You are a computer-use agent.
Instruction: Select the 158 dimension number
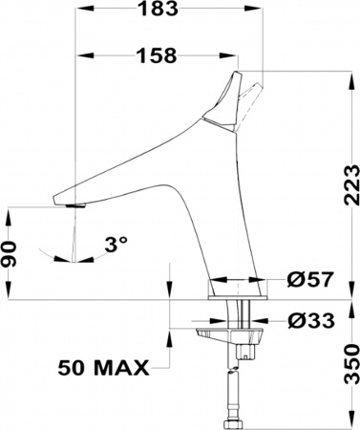(x=156, y=56)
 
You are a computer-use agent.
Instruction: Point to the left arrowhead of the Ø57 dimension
(x=213, y=281)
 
